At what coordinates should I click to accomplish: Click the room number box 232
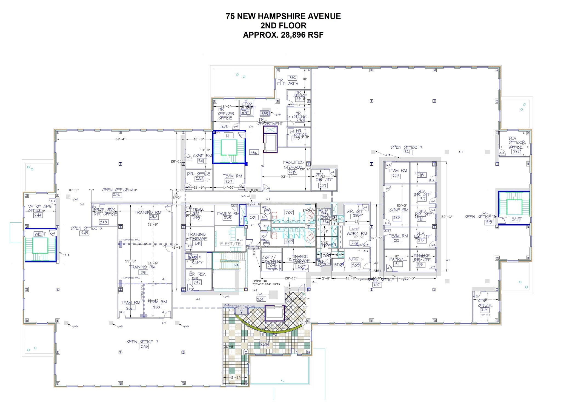[x=292, y=78]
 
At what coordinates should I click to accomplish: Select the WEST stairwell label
[x=40, y=234]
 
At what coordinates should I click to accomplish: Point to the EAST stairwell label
[x=516, y=219]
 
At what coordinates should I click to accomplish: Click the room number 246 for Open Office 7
[x=144, y=346]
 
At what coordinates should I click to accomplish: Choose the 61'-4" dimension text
[x=121, y=139]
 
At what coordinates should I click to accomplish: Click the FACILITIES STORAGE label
[x=293, y=165]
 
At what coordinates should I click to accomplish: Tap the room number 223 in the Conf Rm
[x=396, y=218]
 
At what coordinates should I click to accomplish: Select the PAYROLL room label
[x=398, y=259]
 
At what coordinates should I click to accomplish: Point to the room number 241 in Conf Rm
[x=201, y=161]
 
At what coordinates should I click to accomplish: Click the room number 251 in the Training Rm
[x=143, y=272]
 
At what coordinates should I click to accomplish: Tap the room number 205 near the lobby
[x=261, y=299]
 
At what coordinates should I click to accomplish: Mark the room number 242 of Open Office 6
[x=116, y=195]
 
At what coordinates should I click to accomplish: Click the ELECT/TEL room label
[x=231, y=244]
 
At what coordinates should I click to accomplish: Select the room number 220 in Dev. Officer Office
[x=516, y=151]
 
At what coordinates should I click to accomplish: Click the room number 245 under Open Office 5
[x=84, y=233]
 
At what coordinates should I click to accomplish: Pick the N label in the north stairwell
[x=227, y=136]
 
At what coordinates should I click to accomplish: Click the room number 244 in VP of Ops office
[x=38, y=215]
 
